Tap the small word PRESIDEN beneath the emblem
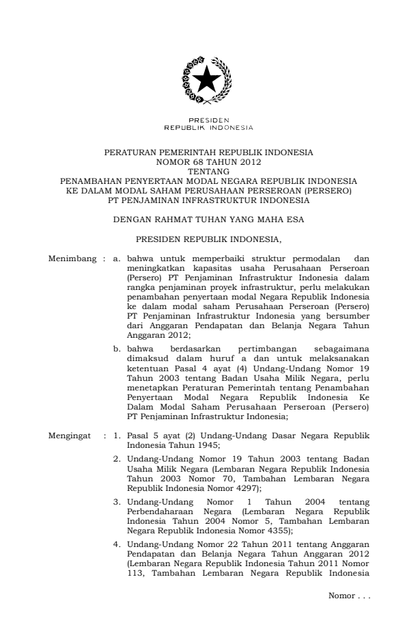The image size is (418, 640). [208, 121]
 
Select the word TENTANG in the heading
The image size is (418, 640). [208, 172]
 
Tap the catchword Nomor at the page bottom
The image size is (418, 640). [341, 597]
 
